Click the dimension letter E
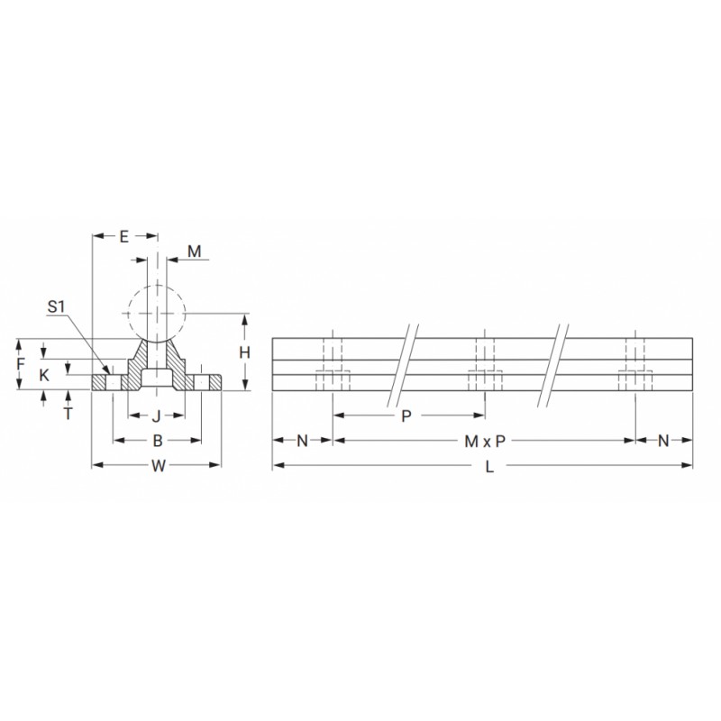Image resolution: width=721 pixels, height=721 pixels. tap(123, 237)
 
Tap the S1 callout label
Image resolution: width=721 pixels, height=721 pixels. tap(57, 306)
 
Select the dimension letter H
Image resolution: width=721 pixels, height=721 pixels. tap(244, 352)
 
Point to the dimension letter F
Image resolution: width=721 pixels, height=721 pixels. tap(20, 364)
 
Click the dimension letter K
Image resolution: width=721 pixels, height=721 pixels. tap(43, 375)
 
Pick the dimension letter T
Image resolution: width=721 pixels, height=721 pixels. tap(68, 414)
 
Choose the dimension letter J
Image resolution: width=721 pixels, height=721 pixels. tap(156, 416)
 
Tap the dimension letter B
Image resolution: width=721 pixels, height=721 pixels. tap(157, 441)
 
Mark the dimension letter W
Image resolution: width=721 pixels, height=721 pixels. tap(159, 466)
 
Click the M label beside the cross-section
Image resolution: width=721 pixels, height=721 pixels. tap(195, 251)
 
